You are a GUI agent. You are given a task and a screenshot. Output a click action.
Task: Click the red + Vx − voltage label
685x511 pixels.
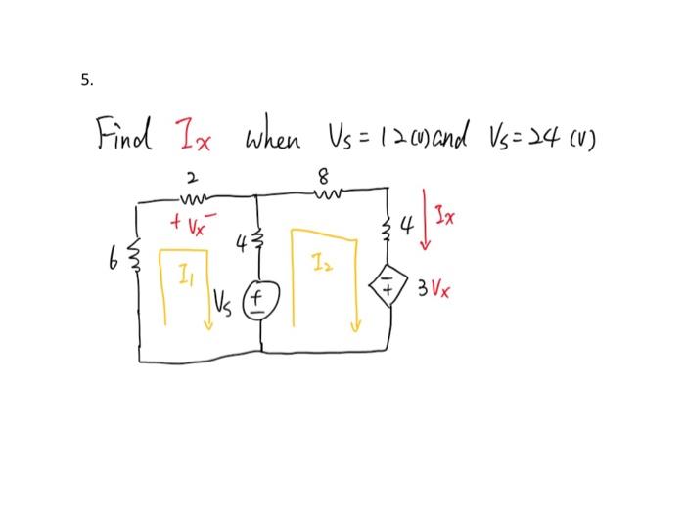point(190,214)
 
